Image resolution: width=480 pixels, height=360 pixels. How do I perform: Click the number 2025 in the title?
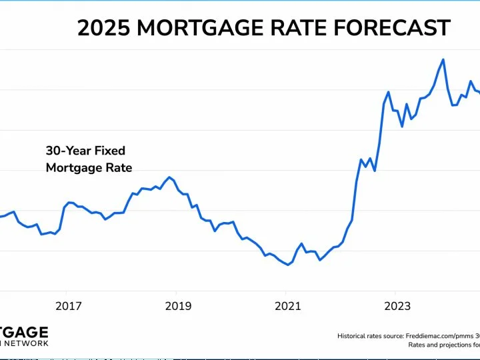pos(105,28)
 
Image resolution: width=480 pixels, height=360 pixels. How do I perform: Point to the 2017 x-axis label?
pos(68,306)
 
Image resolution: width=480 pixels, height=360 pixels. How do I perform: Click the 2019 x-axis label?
pos(177,306)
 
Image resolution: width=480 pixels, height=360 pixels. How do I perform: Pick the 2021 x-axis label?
pos(287,306)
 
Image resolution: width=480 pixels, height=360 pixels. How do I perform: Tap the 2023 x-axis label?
pos(397,306)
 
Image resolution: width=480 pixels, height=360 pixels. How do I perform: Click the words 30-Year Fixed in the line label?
pos(85,151)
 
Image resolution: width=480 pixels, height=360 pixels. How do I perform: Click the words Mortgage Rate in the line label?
pos(89,168)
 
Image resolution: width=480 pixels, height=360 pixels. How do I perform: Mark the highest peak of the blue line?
pos(443,59)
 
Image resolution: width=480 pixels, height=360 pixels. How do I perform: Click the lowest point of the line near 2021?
pos(288,265)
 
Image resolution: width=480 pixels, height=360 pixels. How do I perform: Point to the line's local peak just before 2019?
pos(170,177)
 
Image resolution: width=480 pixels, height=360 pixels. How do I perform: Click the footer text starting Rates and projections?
pos(443,345)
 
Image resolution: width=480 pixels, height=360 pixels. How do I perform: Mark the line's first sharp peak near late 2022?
pos(389,92)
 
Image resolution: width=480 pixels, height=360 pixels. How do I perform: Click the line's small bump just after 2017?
pos(69,202)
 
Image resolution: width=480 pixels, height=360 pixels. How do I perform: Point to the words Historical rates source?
pos(371,337)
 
